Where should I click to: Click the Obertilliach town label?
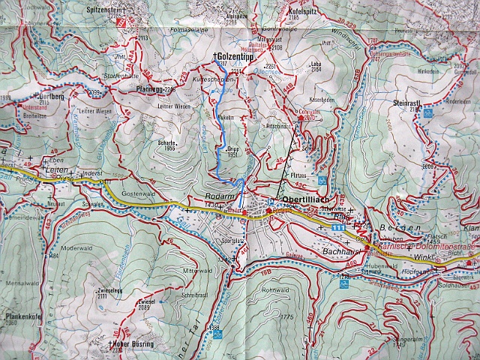tap(298, 200)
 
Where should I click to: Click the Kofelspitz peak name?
tap(307, 13)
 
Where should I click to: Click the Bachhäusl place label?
tap(341, 252)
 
